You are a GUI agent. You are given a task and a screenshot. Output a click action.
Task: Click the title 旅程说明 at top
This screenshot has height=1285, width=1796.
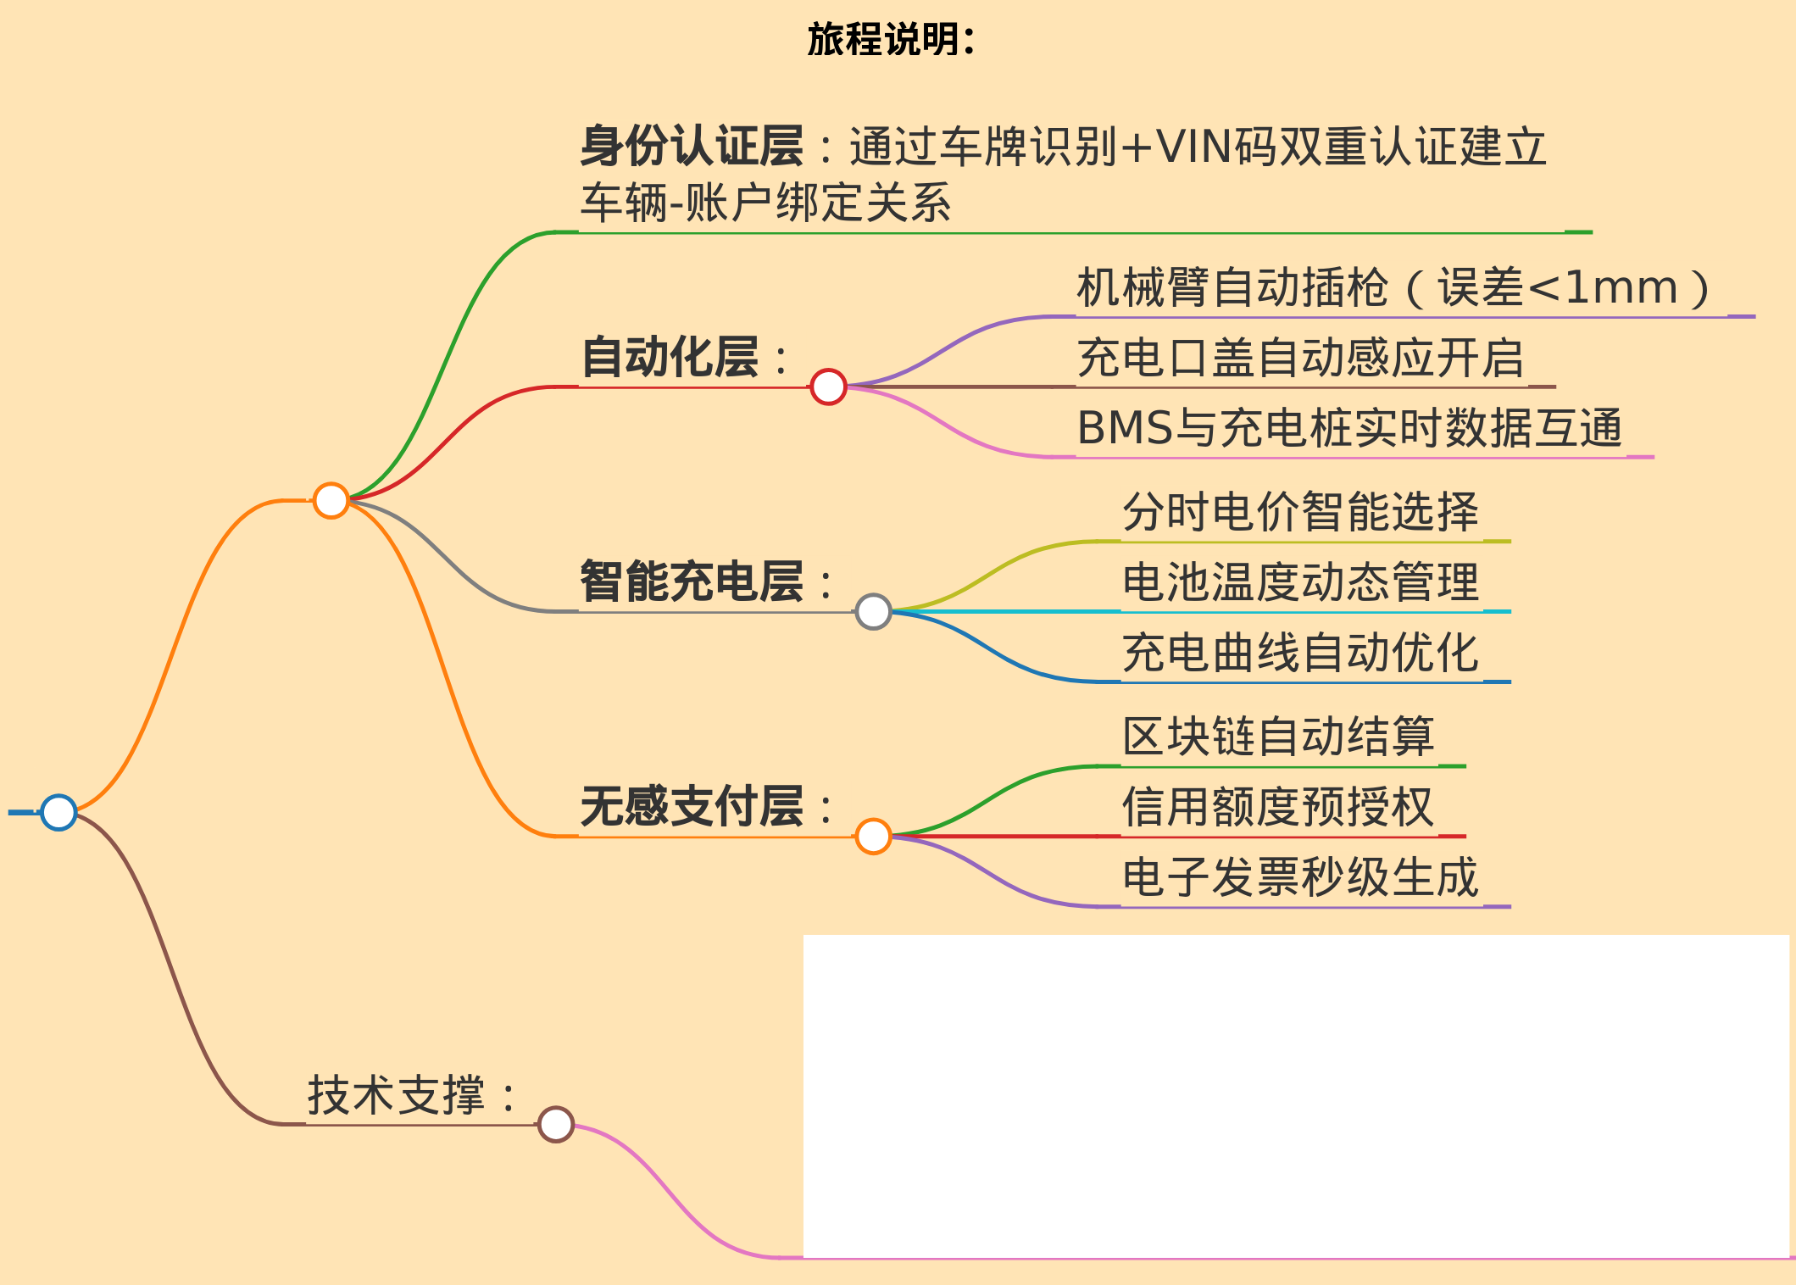pos(890,39)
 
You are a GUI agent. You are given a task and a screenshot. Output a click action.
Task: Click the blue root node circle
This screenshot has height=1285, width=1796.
pos(58,812)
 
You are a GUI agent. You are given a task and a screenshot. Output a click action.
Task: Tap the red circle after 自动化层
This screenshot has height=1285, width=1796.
pos(828,387)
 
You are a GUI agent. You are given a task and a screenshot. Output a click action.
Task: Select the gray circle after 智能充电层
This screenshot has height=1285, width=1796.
pos(873,611)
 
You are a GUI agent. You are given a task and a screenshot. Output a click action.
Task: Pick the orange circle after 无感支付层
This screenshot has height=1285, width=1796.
pos(873,837)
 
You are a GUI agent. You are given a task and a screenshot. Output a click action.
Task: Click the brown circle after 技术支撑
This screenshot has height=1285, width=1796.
pos(556,1125)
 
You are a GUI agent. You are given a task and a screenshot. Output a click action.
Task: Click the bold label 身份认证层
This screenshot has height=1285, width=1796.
pos(692,146)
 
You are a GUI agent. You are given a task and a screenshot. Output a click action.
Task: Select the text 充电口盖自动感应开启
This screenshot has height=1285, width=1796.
pos(1300,358)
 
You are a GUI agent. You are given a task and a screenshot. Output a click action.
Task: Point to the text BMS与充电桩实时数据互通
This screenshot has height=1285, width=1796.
pos(1349,428)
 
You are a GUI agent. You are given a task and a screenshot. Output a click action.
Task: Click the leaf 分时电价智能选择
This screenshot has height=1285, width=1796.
pos(1300,512)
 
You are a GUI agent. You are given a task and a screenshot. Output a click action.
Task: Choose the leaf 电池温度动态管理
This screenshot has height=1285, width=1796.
pos(1300,582)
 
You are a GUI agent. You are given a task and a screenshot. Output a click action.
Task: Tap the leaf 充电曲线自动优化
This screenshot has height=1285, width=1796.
pos(1300,653)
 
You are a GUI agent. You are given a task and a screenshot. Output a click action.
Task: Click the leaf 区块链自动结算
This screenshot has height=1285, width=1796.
pos(1278,737)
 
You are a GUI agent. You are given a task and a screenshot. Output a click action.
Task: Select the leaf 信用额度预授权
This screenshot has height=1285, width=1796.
pos(1278,807)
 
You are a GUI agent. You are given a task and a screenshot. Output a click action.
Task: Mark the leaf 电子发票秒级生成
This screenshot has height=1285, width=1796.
pos(1300,877)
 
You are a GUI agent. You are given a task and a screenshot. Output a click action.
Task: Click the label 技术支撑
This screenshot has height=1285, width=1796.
pos(397,1095)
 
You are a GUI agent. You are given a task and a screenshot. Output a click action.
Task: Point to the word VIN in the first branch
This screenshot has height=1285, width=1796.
pos(1193,147)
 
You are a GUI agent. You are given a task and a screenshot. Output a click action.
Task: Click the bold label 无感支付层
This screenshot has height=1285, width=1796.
pos(692,805)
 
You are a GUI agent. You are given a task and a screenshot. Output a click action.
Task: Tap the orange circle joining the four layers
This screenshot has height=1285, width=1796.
pos(331,500)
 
